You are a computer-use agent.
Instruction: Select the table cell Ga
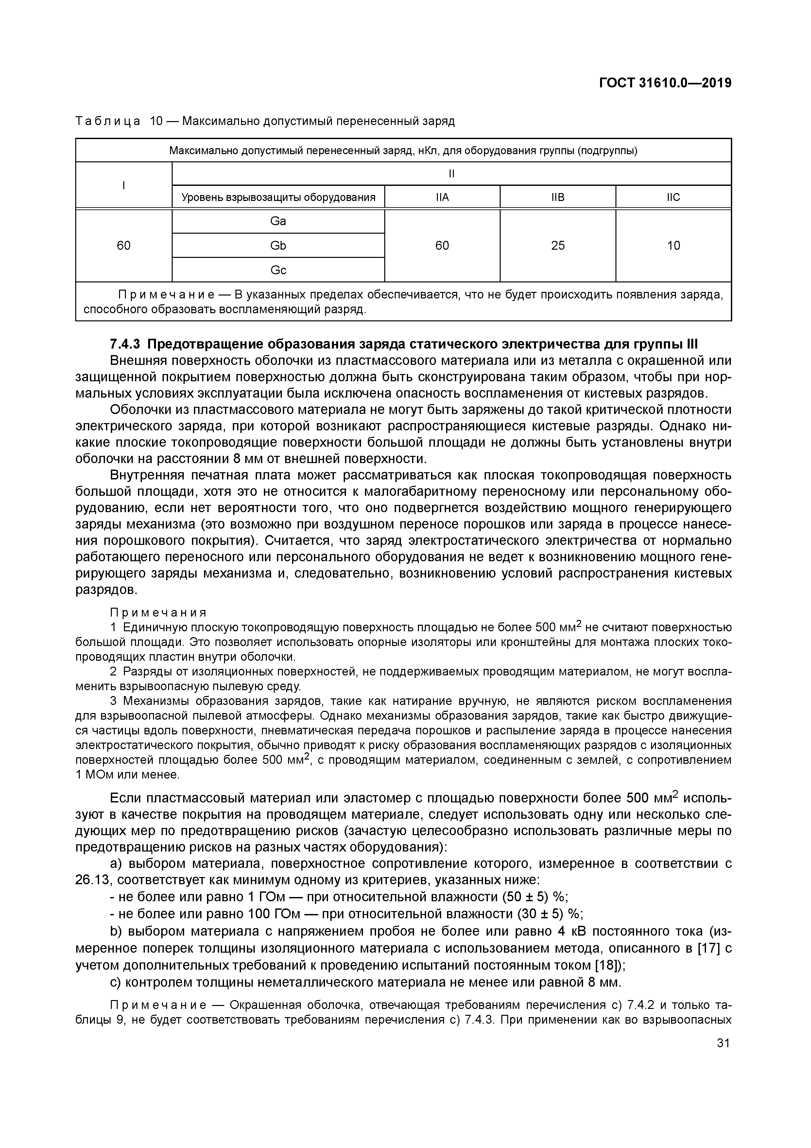[278, 221]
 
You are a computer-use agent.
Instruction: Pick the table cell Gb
[278, 245]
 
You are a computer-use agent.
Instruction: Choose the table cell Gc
[278, 270]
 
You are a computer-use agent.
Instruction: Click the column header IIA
[442, 197]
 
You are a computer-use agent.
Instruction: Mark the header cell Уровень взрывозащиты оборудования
[278, 197]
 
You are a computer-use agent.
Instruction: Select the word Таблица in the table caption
[108, 121]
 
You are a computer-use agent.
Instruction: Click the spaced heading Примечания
[158, 613]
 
